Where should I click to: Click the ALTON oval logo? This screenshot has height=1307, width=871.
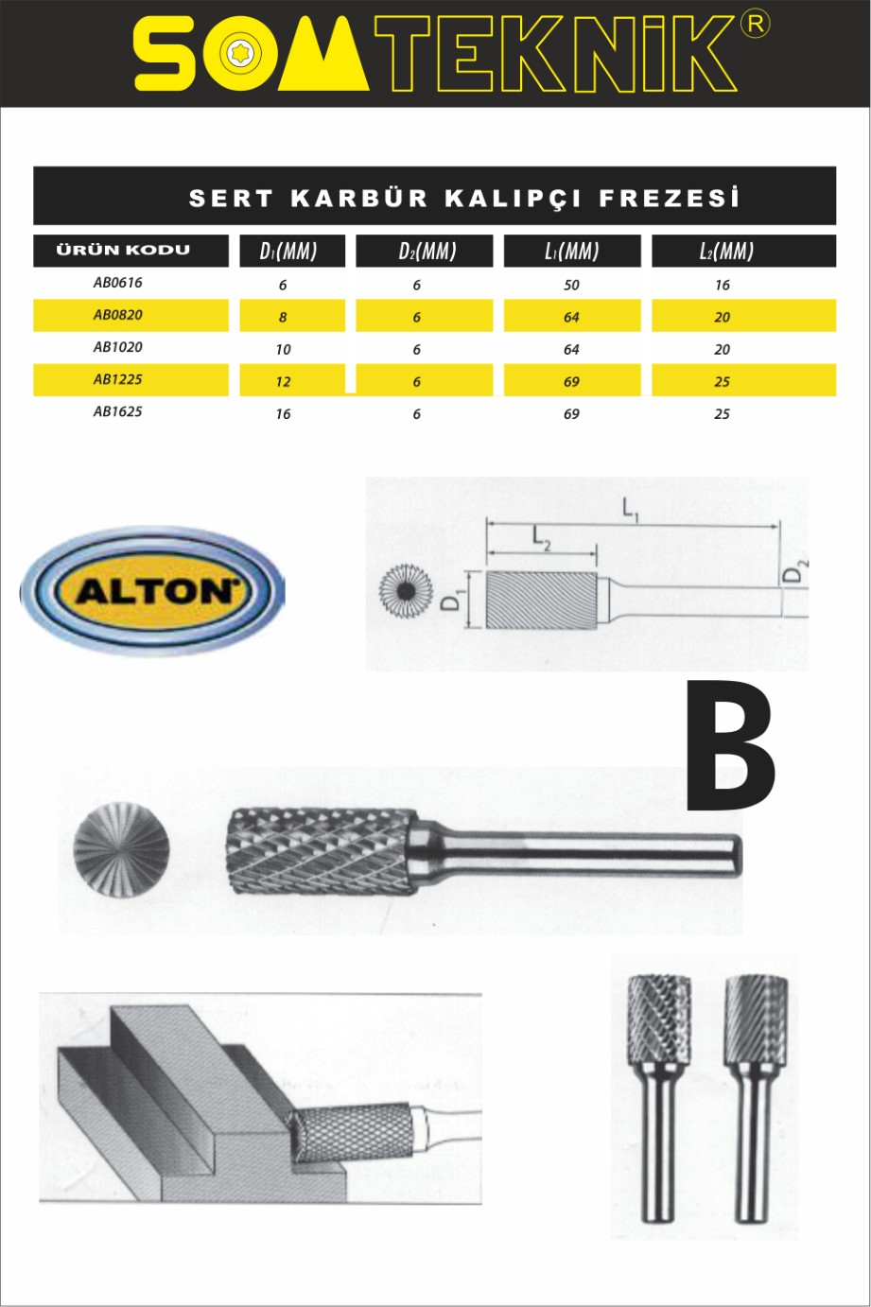coord(153,590)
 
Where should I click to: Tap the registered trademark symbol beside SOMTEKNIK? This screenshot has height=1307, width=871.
coord(755,26)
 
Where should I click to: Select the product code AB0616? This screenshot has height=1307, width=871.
coord(118,283)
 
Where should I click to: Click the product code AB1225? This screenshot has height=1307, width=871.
coord(118,380)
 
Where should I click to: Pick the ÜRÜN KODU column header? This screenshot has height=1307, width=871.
coord(123,251)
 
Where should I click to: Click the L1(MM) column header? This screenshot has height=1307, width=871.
coord(572,252)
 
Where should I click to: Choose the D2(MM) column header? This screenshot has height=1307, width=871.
coord(427,252)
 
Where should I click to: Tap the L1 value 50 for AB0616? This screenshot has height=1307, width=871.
coord(571,286)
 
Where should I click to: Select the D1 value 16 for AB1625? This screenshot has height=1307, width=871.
coord(283,414)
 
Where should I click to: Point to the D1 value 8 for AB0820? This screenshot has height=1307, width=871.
coord(283,318)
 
